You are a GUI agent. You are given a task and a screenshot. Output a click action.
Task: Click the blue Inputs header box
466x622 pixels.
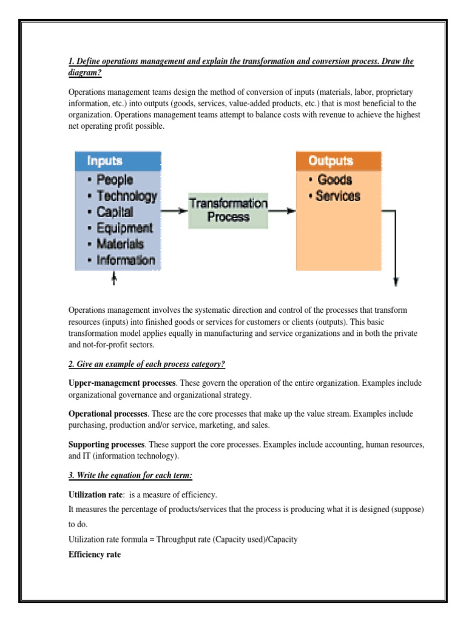pos(118,161)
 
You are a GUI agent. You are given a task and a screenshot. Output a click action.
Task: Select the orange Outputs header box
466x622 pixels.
pos(338,161)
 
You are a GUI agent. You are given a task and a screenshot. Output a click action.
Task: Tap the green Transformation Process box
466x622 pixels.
pos(228,210)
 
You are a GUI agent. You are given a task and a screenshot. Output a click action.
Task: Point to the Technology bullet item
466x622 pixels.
pos(121,196)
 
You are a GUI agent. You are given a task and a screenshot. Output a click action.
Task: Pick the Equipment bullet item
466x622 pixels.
pos(120,228)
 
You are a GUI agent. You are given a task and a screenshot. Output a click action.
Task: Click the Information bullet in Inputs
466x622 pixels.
pos(121,261)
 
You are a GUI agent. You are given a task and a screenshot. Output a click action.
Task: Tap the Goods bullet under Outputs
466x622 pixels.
pos(330,180)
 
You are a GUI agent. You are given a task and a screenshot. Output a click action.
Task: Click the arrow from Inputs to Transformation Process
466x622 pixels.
pos(174,211)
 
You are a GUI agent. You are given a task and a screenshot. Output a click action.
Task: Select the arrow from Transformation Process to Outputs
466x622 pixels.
pos(282,211)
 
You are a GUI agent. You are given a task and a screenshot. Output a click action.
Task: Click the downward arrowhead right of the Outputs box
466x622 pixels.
pos(396,281)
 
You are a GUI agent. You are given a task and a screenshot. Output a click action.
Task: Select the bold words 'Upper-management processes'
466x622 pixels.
pos(121,383)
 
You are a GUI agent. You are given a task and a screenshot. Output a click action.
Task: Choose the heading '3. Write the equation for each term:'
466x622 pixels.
pos(130,474)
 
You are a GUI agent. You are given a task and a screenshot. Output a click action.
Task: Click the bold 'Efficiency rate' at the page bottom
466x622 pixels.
pos(94,555)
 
